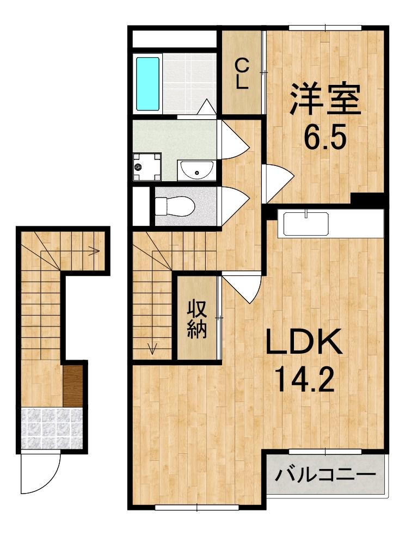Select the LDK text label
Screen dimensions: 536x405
tap(303, 343)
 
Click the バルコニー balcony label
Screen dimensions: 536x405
tap(326, 475)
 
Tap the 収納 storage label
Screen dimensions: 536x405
tap(197, 320)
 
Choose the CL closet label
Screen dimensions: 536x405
tap(242, 75)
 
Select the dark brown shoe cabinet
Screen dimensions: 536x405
tap(72, 385)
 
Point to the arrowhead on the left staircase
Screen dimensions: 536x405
tap(94, 251)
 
